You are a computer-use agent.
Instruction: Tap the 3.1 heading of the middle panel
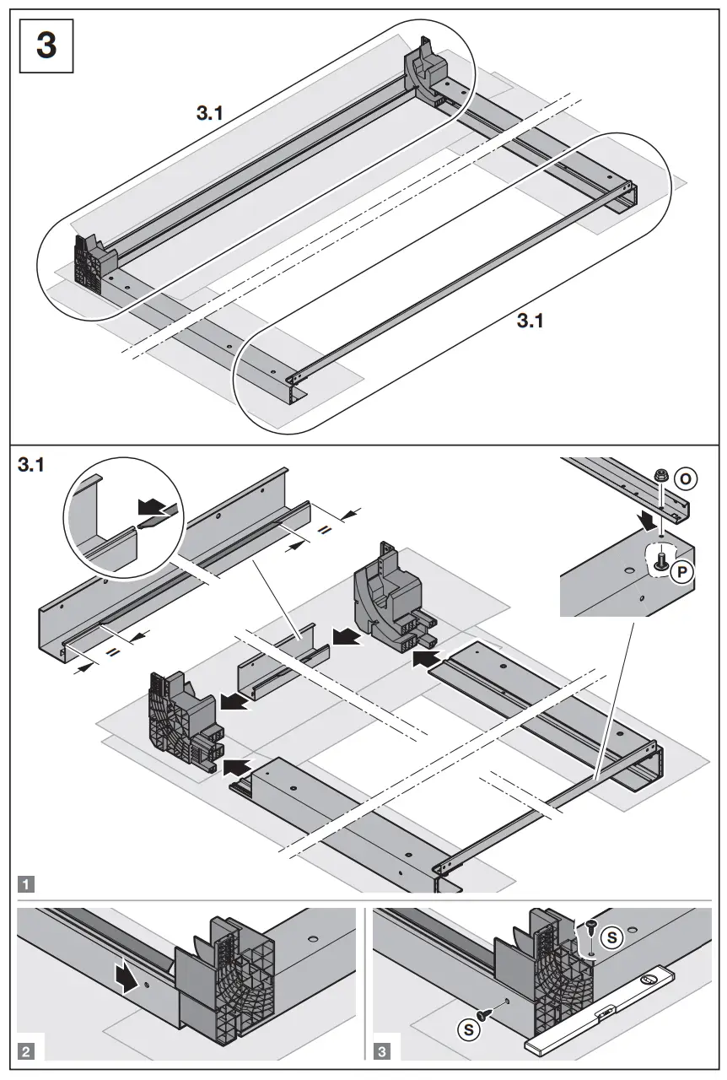coord(31,465)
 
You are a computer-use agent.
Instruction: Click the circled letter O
coord(687,479)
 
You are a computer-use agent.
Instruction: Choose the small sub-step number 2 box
coord(28,1051)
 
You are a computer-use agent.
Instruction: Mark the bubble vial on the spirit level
coord(647,979)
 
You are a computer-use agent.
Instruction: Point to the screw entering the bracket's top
coord(590,927)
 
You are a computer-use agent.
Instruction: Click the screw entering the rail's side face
coord(486,1006)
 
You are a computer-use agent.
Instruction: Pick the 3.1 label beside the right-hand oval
coord(530,321)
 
